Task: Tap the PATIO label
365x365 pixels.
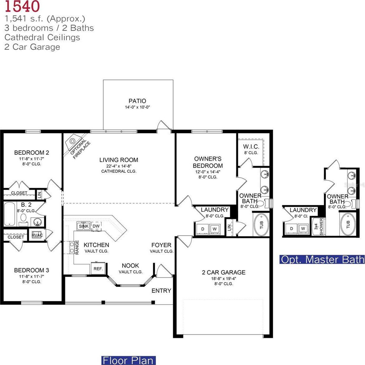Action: click(x=137, y=101)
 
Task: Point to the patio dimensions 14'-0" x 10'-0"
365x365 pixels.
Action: click(x=137, y=107)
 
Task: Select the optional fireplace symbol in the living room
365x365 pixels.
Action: click(x=73, y=141)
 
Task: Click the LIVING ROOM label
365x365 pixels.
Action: click(x=119, y=160)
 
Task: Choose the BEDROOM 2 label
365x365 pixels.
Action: click(x=32, y=153)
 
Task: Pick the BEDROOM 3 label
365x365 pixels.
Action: click(x=32, y=270)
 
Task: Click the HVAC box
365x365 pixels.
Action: click(x=37, y=235)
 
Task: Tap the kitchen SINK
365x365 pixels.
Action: click(x=84, y=226)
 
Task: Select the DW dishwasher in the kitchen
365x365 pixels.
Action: click(x=96, y=226)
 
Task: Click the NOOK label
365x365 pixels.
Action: click(x=130, y=266)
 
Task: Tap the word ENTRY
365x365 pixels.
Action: click(x=161, y=291)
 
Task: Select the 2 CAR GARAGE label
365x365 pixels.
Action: click(x=224, y=272)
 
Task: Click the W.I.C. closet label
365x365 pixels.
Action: click(x=251, y=146)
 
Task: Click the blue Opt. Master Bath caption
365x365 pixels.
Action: click(x=322, y=259)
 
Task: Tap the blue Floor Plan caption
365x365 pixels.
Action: click(x=128, y=360)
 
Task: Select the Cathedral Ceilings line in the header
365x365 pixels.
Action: click(x=42, y=37)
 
